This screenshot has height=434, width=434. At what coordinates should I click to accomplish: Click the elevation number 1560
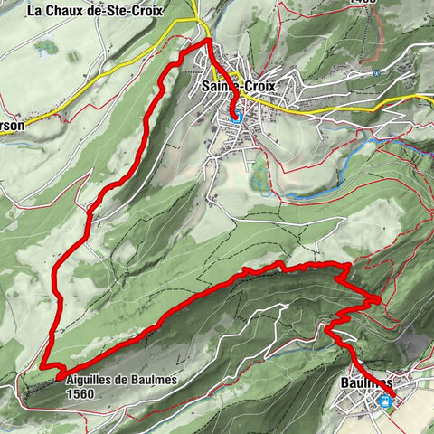80,394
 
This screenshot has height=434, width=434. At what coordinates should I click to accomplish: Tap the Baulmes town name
365,383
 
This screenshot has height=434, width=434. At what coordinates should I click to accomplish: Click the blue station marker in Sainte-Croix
237,116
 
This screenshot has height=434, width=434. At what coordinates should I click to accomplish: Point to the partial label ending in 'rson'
12,127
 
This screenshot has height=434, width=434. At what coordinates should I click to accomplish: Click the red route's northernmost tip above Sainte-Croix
207,41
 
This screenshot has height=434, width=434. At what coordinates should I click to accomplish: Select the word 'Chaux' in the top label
76,11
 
